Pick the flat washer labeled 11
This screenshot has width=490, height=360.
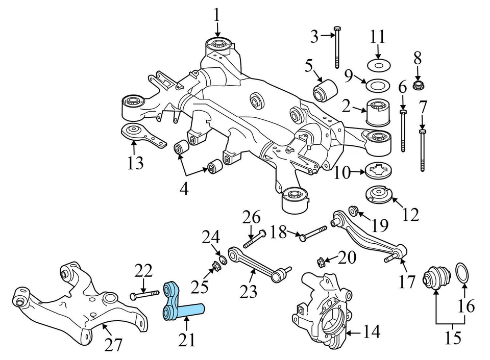click(x=378, y=66)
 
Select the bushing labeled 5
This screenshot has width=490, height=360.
click(x=322, y=90)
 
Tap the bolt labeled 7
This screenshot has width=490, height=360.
click(x=422, y=150)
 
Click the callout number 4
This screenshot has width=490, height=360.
click(x=183, y=189)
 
